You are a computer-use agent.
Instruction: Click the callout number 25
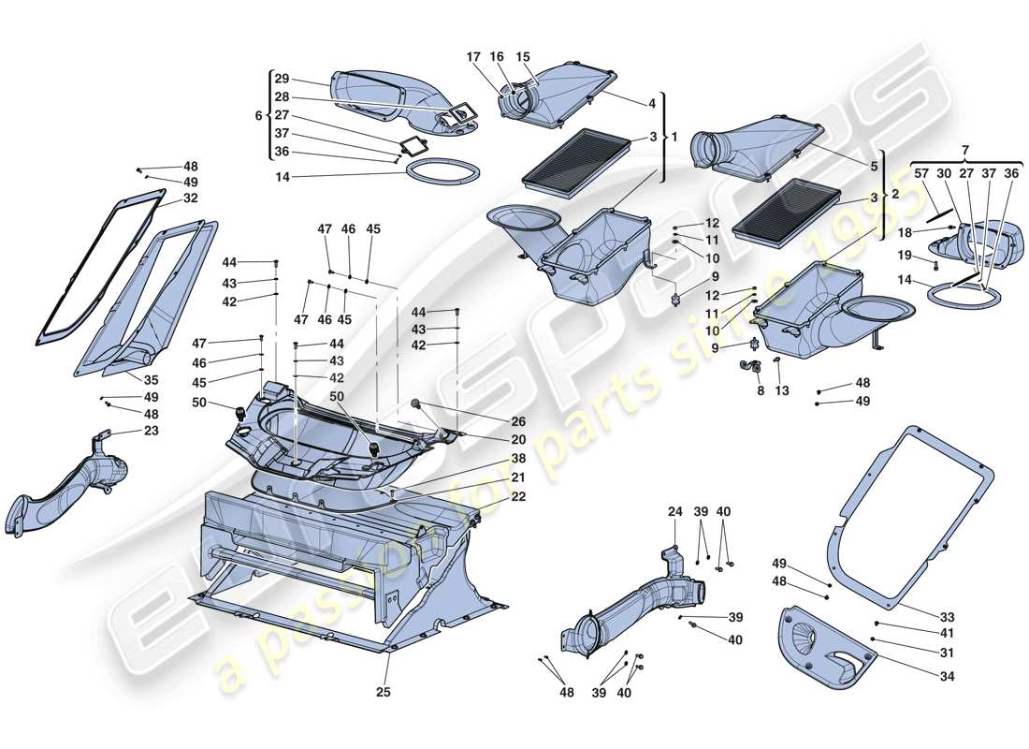coord(384,693)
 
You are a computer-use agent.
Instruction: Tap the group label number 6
coord(259,115)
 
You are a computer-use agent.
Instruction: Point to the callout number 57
coord(920,174)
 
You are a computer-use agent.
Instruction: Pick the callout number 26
coord(518,421)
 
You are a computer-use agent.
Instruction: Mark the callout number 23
coord(152,431)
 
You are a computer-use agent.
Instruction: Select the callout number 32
coord(191,198)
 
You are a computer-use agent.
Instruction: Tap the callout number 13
coord(782,389)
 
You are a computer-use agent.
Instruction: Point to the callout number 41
coord(947,633)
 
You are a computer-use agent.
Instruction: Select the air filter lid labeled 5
coord(748,150)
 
